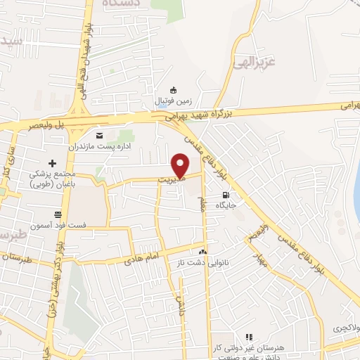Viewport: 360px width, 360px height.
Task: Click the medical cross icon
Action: [x=52, y=163]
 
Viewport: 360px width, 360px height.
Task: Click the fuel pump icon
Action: [x=225, y=195]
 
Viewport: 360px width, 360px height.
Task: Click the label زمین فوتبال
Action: [x=170, y=101]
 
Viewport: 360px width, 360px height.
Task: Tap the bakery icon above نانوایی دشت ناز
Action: [x=203, y=250]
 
